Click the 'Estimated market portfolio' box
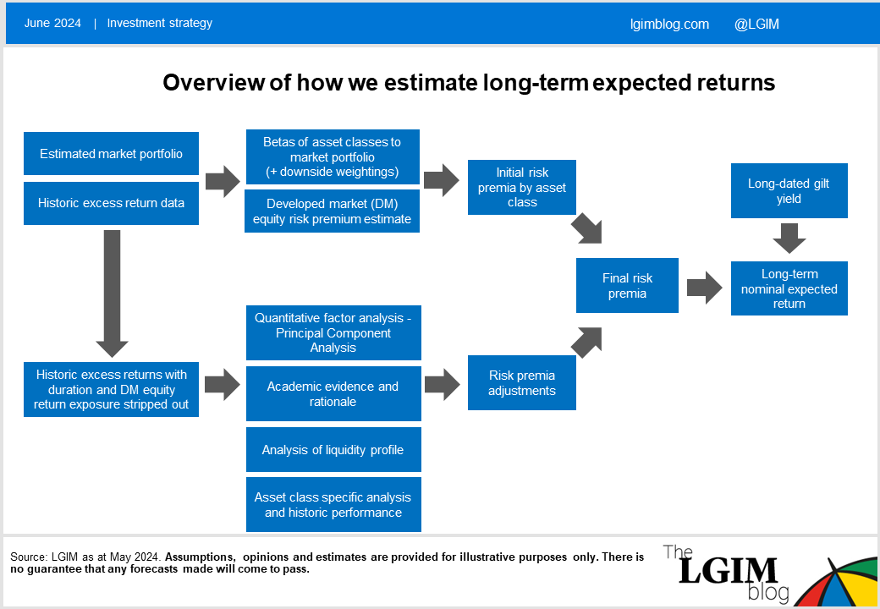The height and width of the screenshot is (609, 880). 111,154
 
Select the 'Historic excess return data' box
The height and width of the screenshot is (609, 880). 111,203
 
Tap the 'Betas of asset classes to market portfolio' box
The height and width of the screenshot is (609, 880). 333,157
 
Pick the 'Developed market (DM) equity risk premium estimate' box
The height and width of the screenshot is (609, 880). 333,211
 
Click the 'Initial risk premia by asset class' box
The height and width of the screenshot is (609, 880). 522,187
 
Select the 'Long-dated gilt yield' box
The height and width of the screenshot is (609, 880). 789,190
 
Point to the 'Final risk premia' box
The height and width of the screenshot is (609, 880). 628,285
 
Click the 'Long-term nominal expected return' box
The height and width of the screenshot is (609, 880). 789,288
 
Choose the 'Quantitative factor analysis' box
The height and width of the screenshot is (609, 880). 333,332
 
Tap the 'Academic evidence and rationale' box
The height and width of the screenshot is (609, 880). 333,393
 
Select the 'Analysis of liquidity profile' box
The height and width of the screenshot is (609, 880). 333,450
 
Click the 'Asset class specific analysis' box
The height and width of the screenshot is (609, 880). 333,505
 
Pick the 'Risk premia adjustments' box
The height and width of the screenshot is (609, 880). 522,382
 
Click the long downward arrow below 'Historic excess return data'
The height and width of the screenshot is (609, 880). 113,294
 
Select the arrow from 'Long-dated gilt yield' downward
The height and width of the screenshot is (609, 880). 789,238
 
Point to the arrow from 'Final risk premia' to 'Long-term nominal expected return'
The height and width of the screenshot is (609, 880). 704,288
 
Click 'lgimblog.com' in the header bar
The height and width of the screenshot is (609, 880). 669,25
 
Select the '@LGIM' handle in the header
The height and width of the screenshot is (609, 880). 756,25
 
